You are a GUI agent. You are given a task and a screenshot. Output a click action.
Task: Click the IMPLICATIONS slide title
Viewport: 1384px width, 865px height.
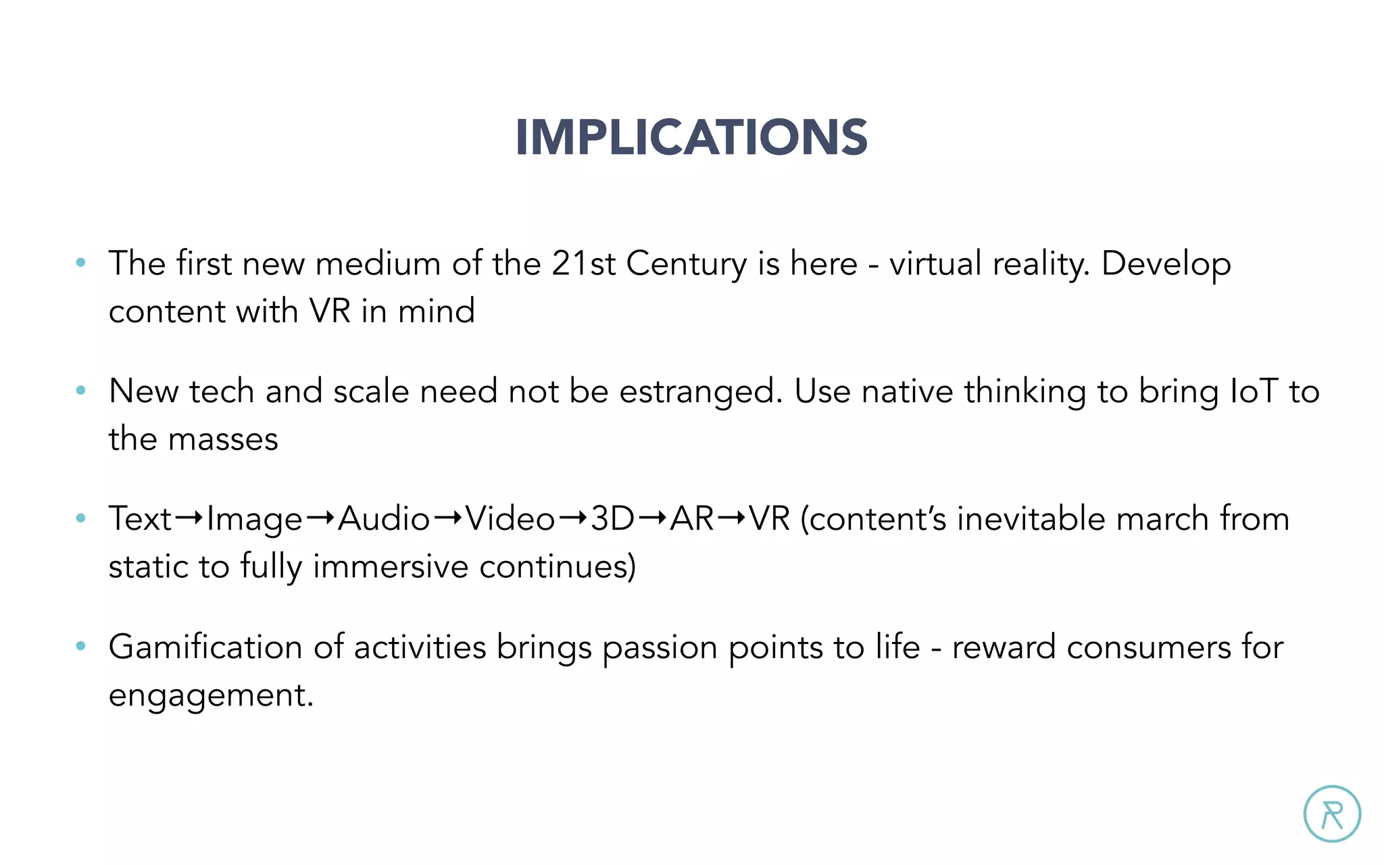[x=691, y=137]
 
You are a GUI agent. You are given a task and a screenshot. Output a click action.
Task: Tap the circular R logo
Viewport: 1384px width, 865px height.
[x=1331, y=814]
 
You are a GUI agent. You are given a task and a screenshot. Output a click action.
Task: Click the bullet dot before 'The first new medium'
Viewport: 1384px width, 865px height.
[x=81, y=263]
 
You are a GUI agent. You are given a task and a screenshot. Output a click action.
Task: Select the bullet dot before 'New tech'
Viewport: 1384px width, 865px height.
[x=81, y=391]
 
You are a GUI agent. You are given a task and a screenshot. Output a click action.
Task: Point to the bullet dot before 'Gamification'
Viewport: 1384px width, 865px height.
[x=81, y=646]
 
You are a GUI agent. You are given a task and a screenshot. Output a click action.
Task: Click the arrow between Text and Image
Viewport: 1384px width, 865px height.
[x=189, y=518]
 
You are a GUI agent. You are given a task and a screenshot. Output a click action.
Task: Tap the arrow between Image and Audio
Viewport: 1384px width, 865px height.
[x=320, y=518]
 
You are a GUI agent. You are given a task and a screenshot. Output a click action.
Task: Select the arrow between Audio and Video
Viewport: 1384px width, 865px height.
[x=447, y=518]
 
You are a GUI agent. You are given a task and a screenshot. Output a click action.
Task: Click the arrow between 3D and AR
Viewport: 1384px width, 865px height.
[x=652, y=518]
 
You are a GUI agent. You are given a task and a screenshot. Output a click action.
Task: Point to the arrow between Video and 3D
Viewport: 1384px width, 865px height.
[x=573, y=518]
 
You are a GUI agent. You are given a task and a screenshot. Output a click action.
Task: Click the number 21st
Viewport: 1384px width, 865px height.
[x=583, y=263]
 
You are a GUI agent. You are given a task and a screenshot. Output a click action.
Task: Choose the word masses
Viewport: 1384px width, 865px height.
[x=223, y=440]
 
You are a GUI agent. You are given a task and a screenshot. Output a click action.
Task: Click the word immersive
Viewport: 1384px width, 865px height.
[x=391, y=566]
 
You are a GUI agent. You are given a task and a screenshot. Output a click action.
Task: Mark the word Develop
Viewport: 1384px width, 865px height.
[x=1166, y=264]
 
